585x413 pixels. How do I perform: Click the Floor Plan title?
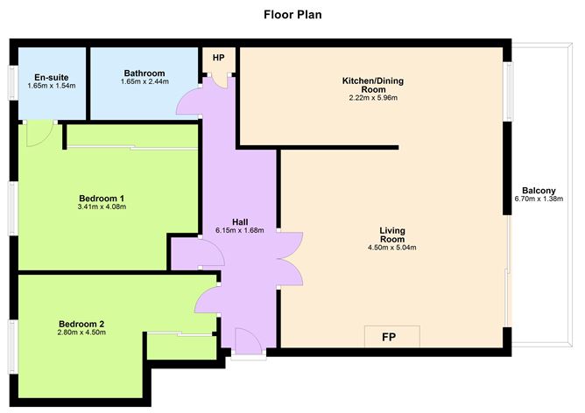[x=292, y=14]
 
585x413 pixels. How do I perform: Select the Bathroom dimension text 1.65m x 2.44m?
[x=144, y=82]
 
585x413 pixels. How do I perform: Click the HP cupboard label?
[x=218, y=59]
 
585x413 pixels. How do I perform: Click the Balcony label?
[x=539, y=191]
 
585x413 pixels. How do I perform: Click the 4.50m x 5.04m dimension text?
[x=391, y=248]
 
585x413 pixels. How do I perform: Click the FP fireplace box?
[x=391, y=336]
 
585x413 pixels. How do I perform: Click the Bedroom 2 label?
[x=81, y=321]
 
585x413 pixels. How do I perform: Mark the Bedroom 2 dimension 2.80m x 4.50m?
[x=81, y=332]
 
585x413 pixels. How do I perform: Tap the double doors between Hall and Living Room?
[x=289, y=258]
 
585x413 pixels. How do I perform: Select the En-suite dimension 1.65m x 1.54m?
[x=52, y=87]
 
